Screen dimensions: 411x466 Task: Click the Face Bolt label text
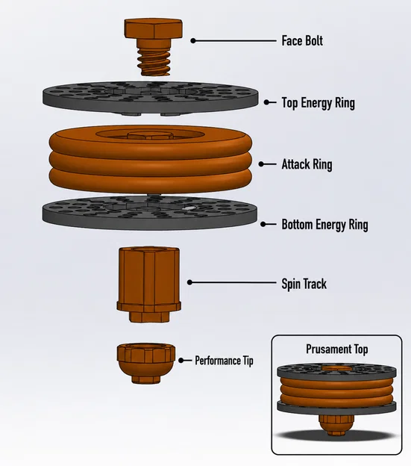pyautogui.click(x=302, y=41)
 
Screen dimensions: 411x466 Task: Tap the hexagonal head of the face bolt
pyautogui.click(x=153, y=29)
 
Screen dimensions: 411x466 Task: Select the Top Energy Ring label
pyautogui.click(x=318, y=103)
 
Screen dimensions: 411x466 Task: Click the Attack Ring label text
pyautogui.click(x=307, y=164)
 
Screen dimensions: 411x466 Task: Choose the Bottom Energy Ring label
pyautogui.click(x=324, y=225)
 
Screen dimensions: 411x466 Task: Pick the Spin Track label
pyautogui.click(x=304, y=284)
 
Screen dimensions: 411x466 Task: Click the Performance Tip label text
pyautogui.click(x=224, y=361)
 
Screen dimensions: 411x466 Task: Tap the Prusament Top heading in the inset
pyautogui.click(x=337, y=349)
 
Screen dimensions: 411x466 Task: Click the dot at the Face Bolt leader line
pyautogui.click(x=193, y=41)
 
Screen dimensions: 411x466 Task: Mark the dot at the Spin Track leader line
pyautogui.click(x=190, y=282)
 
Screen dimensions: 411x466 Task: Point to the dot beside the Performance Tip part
pyautogui.click(x=181, y=361)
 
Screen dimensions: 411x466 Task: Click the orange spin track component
pyautogui.click(x=149, y=285)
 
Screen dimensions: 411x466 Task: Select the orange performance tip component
pyautogui.click(x=146, y=363)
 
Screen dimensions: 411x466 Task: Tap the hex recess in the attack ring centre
pyautogui.click(x=151, y=136)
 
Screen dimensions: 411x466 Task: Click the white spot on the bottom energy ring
pyautogui.click(x=187, y=208)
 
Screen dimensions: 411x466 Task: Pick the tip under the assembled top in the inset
pyautogui.click(x=336, y=425)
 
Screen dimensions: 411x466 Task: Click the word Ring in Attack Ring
pyautogui.click(x=321, y=164)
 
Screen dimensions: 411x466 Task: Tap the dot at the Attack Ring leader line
pyautogui.click(x=261, y=164)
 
